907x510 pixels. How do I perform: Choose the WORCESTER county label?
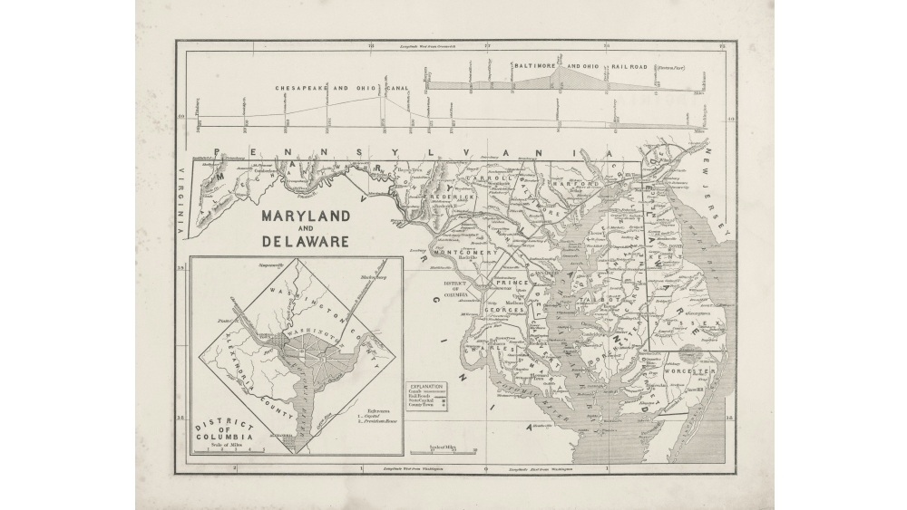(x=689, y=371)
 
